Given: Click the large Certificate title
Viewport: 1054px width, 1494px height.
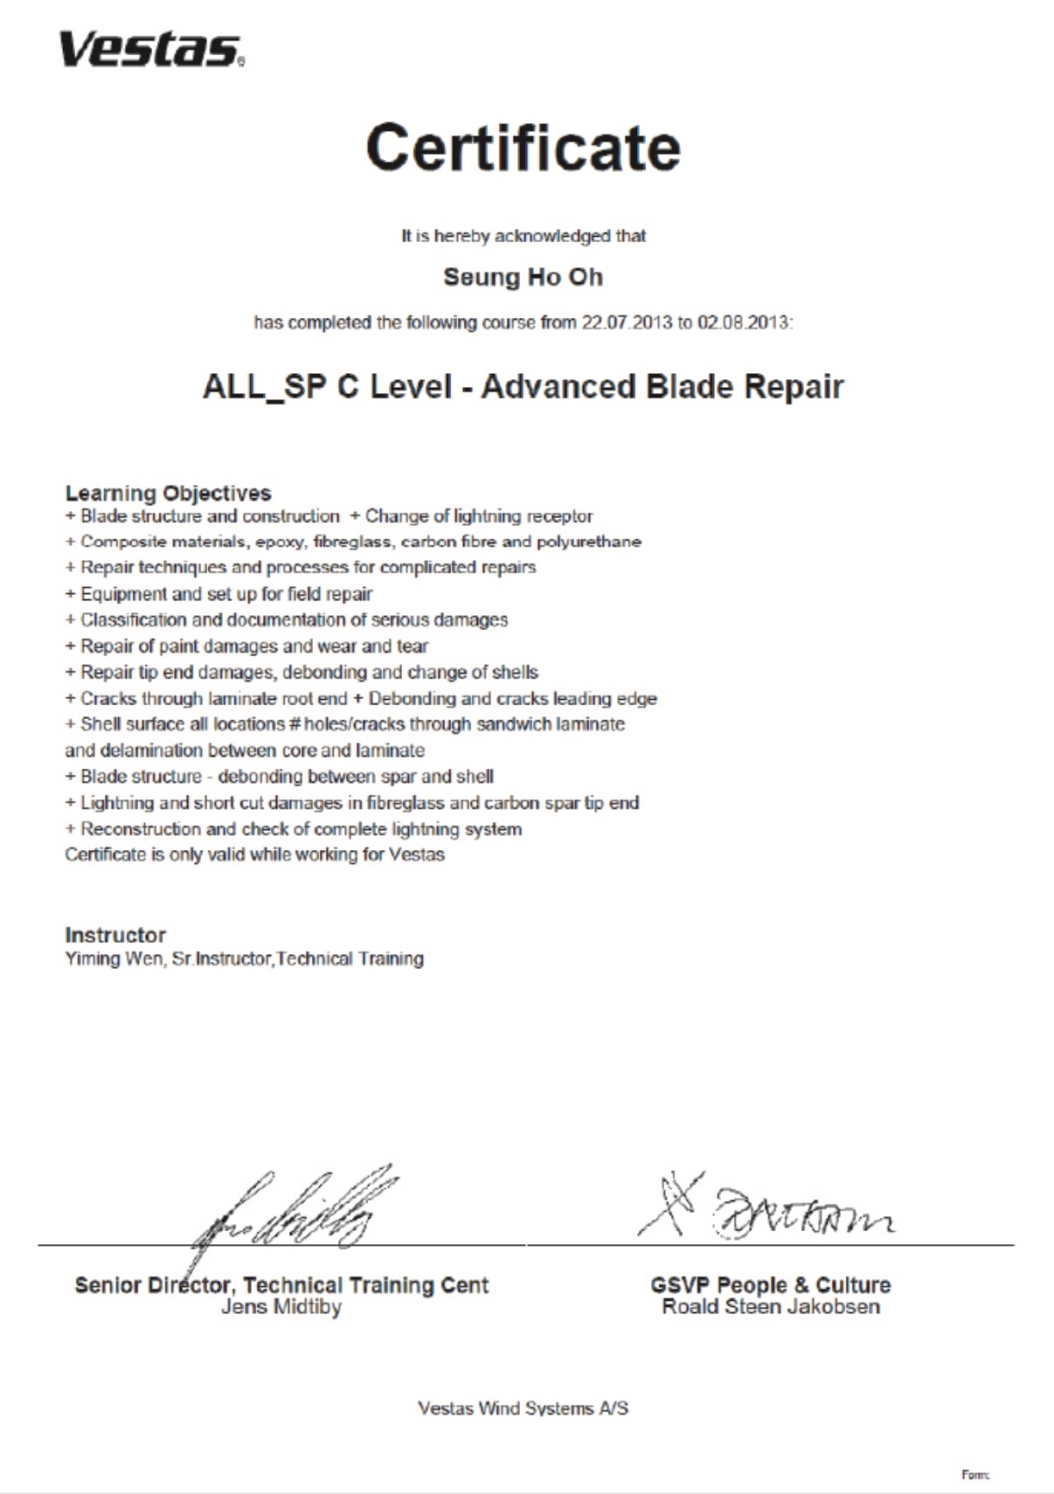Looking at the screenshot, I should pos(523,148).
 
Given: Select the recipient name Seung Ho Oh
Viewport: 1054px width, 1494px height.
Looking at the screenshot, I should pos(523,277).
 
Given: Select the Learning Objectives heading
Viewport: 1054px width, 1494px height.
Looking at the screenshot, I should pos(168,493).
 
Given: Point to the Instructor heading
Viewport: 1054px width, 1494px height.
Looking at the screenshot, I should pos(115,935).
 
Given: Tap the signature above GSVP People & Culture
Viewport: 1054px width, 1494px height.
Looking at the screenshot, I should pos(769,1210).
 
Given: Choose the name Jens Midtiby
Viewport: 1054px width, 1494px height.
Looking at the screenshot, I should pos(281,1307).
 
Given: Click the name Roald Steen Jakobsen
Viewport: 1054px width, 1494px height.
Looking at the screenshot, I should pos(771,1307).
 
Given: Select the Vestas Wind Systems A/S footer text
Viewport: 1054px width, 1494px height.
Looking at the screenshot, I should pos(523,1408).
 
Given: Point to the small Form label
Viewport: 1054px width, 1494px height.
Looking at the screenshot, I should pos(974,1475).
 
